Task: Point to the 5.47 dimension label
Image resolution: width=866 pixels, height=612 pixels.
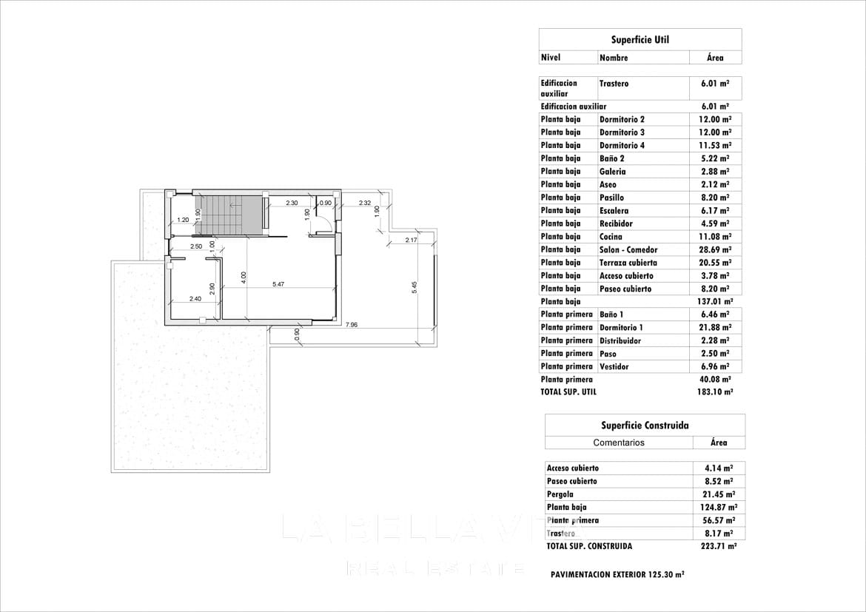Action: [278, 284]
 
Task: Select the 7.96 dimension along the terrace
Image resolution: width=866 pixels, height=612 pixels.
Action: [352, 324]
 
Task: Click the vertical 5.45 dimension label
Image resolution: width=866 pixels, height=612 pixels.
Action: [414, 288]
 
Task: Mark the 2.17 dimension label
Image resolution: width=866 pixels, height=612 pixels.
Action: [411, 240]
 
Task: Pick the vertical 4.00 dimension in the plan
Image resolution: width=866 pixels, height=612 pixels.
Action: [244, 277]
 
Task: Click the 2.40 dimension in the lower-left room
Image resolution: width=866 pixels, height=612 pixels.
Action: [195, 299]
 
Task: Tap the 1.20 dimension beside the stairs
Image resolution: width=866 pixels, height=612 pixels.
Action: [182, 220]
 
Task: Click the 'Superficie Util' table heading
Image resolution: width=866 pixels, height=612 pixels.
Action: [640, 40]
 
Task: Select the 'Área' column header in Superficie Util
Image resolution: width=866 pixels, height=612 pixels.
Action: [715, 58]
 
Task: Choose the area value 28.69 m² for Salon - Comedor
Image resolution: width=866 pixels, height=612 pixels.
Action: [715, 250]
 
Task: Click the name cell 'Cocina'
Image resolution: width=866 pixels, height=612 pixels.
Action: [611, 237]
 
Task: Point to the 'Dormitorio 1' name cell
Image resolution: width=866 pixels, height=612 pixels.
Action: [621, 328]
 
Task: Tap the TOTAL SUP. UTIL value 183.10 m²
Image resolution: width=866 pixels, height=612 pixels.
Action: [715, 392]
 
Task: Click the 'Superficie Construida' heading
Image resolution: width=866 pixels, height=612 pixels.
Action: [645, 426]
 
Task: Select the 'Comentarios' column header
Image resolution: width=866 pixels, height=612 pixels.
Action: [619, 443]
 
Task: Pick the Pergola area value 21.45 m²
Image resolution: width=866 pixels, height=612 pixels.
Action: [719, 494]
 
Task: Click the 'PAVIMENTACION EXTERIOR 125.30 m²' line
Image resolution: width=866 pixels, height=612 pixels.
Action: [617, 574]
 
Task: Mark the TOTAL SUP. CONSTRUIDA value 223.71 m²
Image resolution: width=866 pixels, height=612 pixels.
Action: [719, 546]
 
